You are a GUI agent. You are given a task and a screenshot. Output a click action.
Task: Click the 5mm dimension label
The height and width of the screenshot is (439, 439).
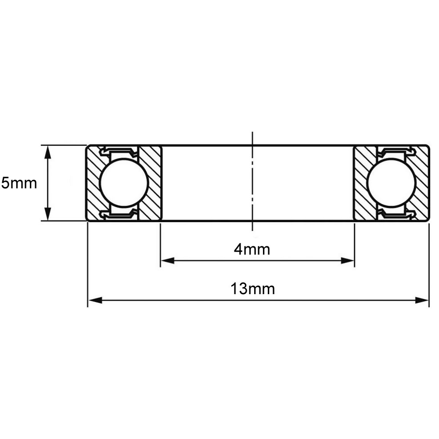(x=19, y=184)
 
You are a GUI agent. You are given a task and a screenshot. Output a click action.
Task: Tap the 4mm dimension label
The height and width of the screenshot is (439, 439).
(x=252, y=249)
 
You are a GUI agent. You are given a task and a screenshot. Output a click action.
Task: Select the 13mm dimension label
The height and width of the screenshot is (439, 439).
(x=252, y=288)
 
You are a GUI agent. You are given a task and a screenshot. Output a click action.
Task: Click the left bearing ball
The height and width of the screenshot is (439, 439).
(x=123, y=183)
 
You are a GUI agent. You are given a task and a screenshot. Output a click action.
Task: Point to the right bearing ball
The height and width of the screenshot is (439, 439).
(x=392, y=183)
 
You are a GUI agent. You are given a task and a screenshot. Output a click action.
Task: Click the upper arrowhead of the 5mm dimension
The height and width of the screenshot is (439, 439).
(x=48, y=151)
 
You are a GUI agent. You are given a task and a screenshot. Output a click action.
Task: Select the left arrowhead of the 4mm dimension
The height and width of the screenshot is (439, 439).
(x=168, y=261)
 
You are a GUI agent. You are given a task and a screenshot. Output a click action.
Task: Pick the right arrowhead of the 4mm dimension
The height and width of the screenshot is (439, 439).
(x=347, y=261)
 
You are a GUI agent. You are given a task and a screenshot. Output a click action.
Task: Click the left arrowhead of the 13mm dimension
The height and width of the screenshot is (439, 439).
(x=95, y=300)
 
